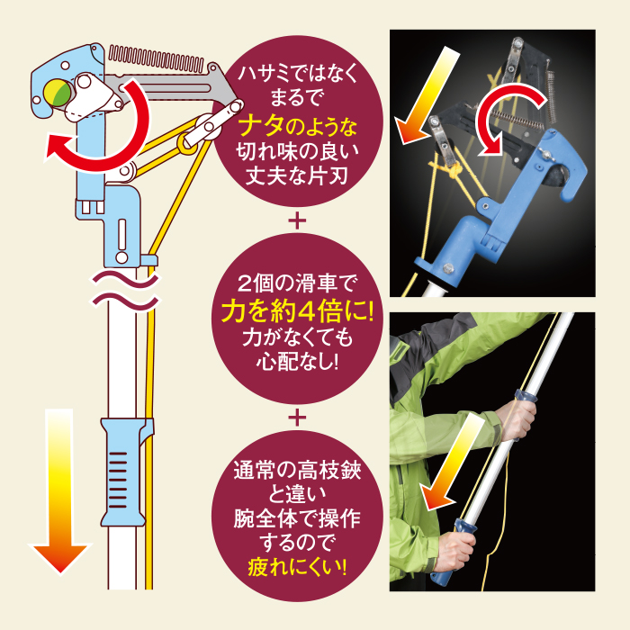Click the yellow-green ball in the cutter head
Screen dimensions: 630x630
(58, 93)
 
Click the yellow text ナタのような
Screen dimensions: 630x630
(298, 127)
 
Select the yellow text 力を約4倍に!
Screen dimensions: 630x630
(298, 311)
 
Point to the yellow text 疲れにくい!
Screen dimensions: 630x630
(297, 567)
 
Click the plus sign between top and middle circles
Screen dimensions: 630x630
(297, 220)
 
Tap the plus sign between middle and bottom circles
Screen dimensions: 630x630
(297, 418)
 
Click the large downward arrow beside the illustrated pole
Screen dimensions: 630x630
(60, 490)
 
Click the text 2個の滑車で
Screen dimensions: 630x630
(297, 283)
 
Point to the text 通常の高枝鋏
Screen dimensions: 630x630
(298, 471)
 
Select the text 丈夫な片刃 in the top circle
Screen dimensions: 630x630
(296, 175)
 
